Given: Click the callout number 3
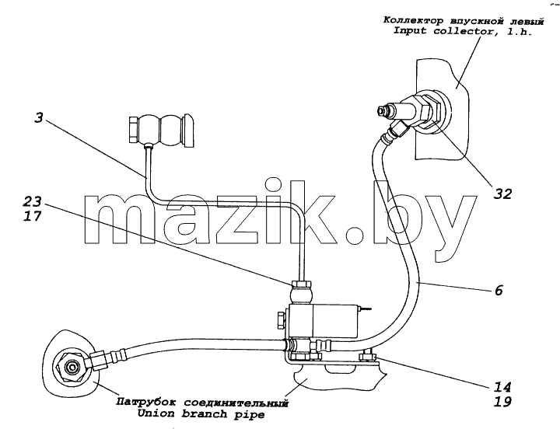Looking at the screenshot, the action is [x=39, y=118].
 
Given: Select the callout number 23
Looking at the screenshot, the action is [x=33, y=201].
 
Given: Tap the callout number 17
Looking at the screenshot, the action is [x=33, y=216].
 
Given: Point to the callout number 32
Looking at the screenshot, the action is [x=503, y=194].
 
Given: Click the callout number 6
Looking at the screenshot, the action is [x=499, y=290].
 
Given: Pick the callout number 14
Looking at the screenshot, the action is [x=502, y=387].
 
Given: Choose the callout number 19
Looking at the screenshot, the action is [x=502, y=402].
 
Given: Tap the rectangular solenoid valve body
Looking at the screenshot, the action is [x=324, y=321].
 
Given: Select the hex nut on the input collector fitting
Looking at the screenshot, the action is [x=427, y=109].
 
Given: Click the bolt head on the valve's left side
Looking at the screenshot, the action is [x=282, y=320].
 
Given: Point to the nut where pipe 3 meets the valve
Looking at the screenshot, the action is [x=302, y=284].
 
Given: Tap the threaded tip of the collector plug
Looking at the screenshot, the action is [x=382, y=110].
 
